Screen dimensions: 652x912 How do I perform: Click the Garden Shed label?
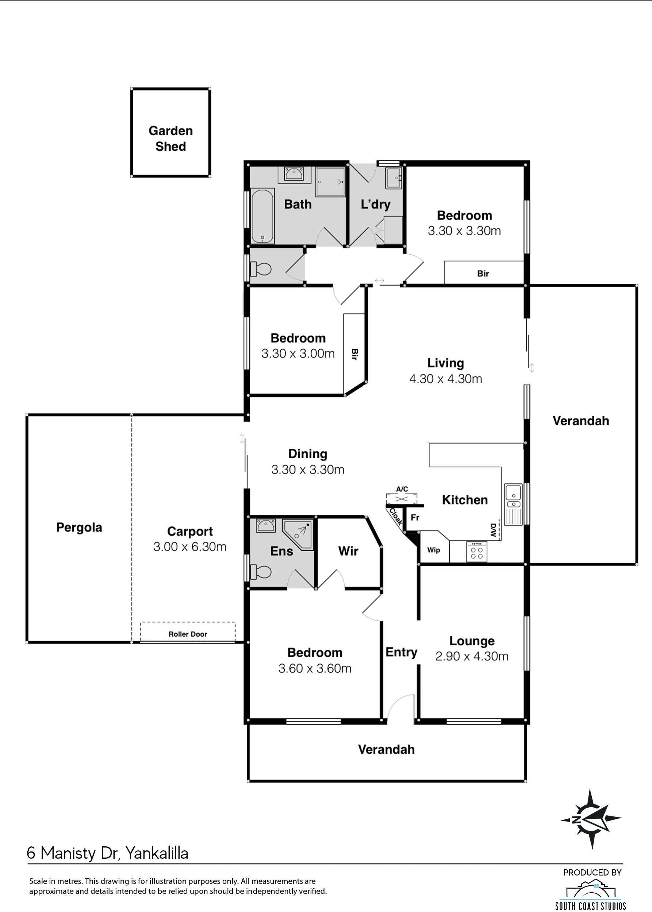point(170,138)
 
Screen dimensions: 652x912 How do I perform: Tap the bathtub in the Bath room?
point(262,216)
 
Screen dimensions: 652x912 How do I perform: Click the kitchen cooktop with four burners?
point(476,551)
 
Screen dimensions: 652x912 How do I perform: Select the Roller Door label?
point(188,634)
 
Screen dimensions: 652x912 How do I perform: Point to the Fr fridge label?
point(415,518)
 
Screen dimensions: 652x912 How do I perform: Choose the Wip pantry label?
point(434,550)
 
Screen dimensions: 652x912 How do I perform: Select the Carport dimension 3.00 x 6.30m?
point(190,546)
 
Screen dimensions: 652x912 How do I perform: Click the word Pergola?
point(79,527)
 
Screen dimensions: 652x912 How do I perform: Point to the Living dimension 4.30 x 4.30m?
point(446,378)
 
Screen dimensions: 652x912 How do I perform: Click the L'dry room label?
point(375,204)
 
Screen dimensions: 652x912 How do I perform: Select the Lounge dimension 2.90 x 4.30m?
point(472,656)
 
